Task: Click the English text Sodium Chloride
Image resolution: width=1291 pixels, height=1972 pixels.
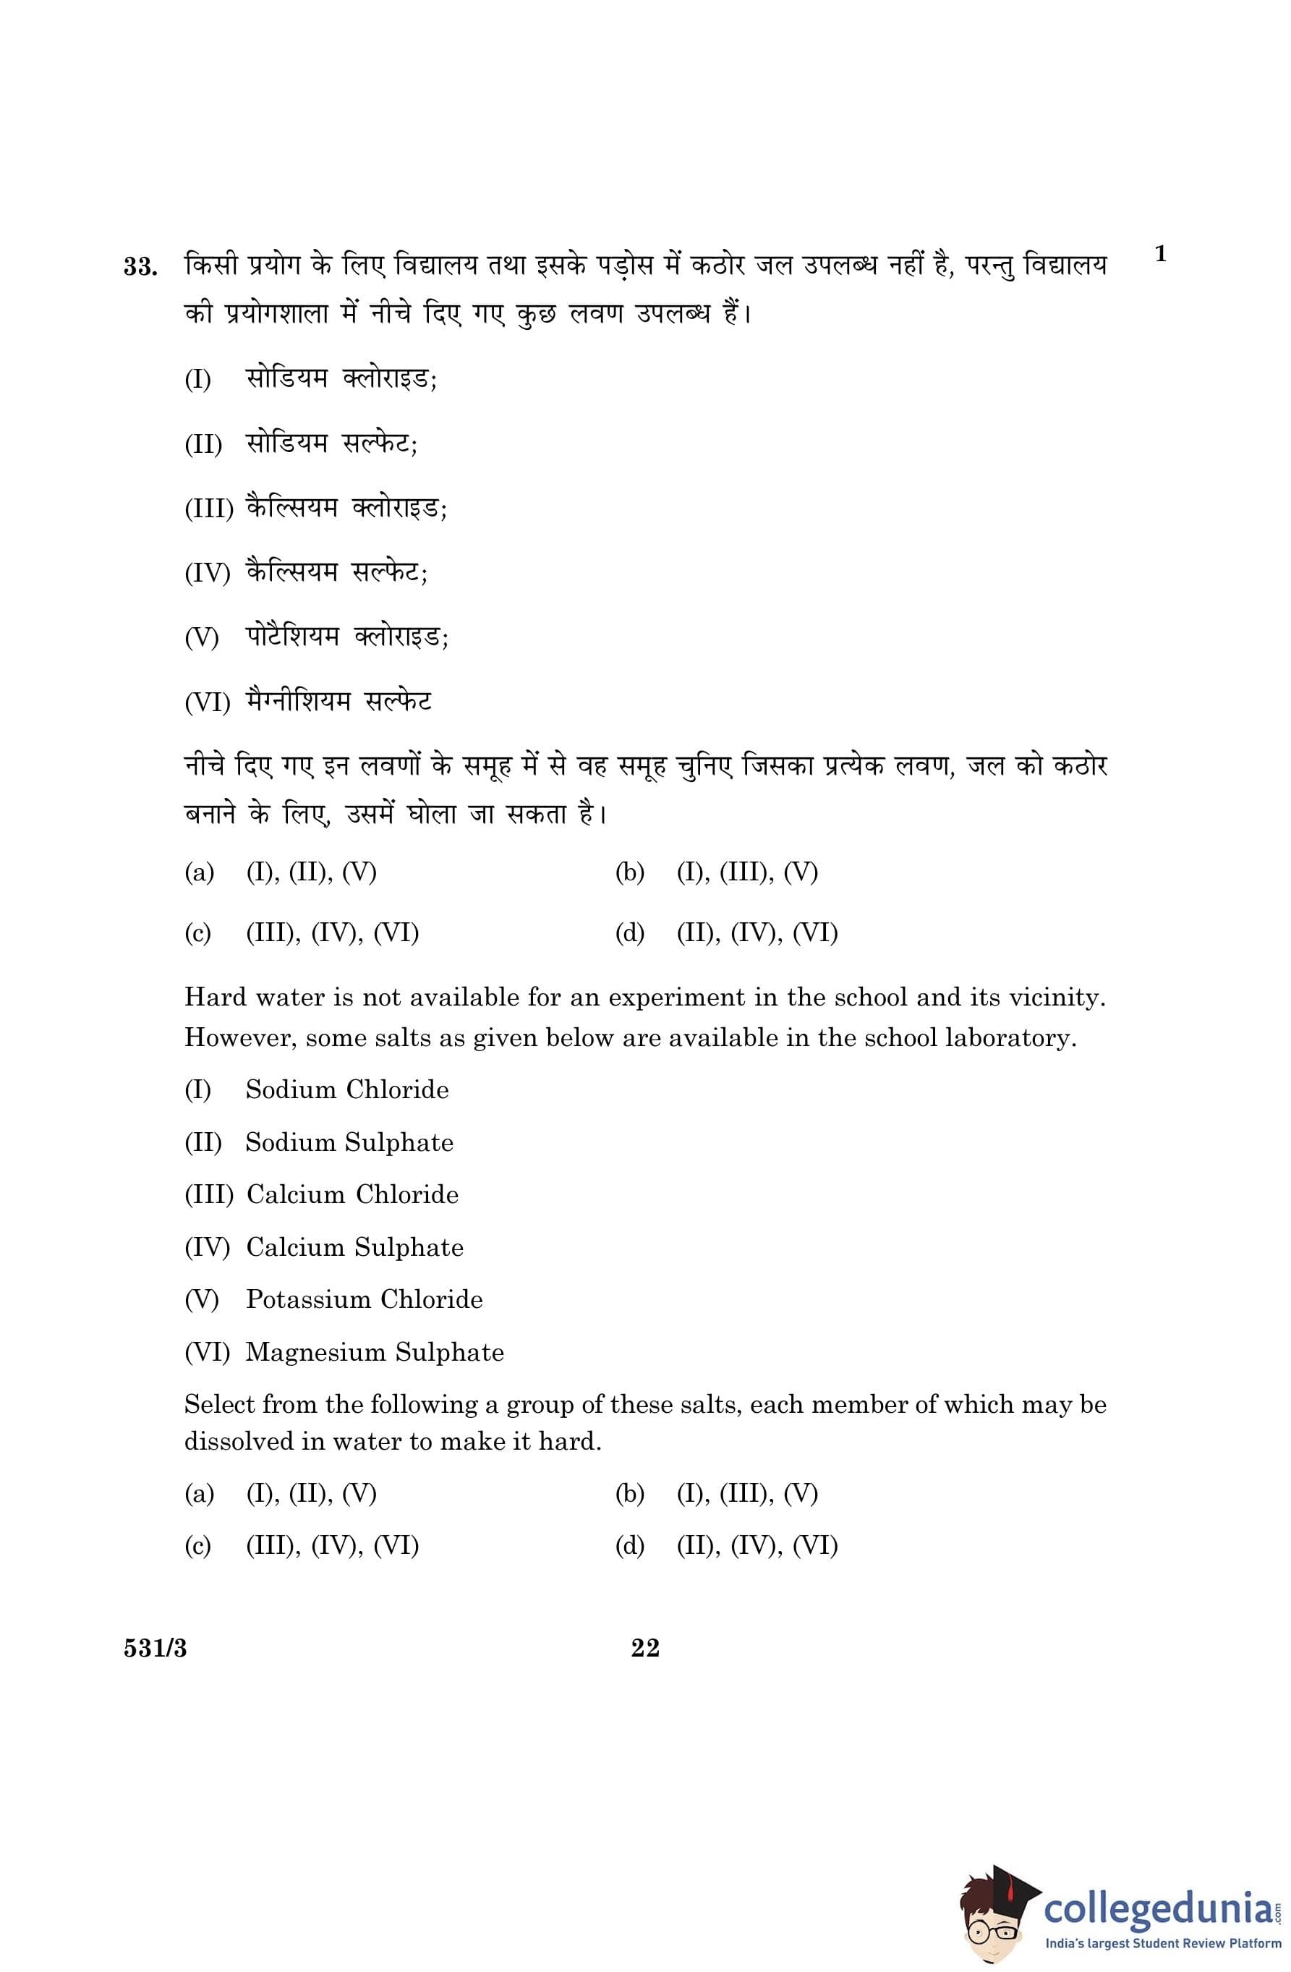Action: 347,1089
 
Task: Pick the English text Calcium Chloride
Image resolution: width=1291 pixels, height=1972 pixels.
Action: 352,1195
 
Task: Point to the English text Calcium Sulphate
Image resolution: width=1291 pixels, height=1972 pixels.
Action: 354,1247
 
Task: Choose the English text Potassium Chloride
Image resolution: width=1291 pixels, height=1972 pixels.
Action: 364,1299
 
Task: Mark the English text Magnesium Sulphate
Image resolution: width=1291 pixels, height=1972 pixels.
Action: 375,1352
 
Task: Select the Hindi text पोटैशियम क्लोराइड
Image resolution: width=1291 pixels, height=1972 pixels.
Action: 346,637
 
